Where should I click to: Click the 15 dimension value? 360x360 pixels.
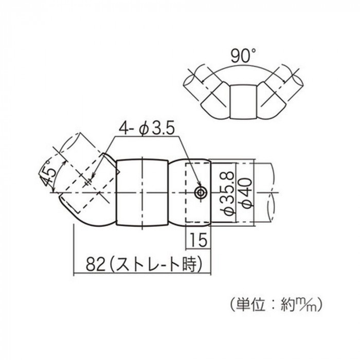(199, 240)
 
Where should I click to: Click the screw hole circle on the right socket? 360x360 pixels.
(201, 193)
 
